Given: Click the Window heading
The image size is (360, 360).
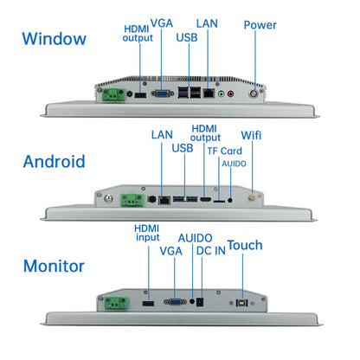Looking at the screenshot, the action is point(55,39).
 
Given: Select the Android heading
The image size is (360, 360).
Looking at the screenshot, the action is point(55,161).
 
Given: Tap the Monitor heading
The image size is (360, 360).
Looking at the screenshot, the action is point(54,266).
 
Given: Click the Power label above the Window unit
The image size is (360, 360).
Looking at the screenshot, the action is point(260,25).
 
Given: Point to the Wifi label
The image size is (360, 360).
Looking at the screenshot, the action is point(251,135).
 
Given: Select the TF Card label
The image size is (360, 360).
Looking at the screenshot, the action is point(225,151).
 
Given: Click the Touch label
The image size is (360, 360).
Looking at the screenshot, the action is point(245,246).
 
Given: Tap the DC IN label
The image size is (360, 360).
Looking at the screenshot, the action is point(211,251).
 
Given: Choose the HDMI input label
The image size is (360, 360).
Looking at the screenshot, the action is point(147,233).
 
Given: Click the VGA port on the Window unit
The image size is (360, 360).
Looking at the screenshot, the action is point(163,93).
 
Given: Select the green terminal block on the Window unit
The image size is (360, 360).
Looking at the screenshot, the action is point(113,94).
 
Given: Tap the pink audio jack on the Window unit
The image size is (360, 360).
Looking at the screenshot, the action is point(231,93).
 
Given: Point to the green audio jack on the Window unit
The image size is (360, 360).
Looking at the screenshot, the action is point(222,93).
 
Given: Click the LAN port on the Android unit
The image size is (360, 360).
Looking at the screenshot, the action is point(164,200).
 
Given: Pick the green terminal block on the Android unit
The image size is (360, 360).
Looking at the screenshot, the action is point(132,200).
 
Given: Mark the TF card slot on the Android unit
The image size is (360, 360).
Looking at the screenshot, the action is point(219,200).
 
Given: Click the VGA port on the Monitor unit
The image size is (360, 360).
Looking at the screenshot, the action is point(176,302).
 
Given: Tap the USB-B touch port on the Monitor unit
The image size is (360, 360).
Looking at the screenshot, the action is point(241,303).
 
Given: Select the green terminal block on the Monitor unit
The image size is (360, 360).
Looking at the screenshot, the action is point(116,304).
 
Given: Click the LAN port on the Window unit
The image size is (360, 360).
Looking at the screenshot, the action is point(209,93).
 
